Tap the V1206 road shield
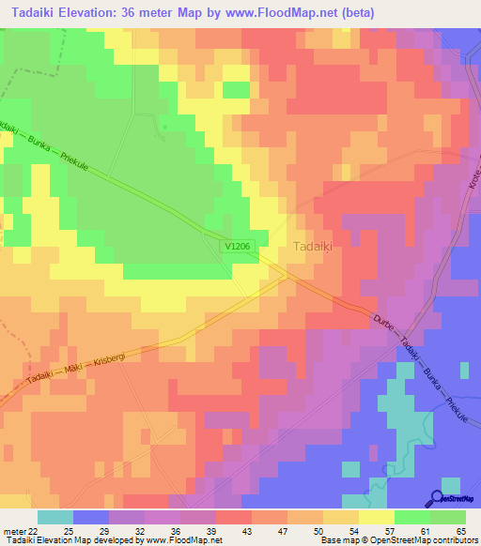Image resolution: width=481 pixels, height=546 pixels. pos(239,246)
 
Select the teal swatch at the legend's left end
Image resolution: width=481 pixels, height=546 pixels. pos(55,517)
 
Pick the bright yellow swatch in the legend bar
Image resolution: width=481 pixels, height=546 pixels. pos(375,517)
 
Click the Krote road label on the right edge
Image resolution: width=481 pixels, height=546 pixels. pos(474,177)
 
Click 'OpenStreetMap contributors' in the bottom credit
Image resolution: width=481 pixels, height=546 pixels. pos(428,541)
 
